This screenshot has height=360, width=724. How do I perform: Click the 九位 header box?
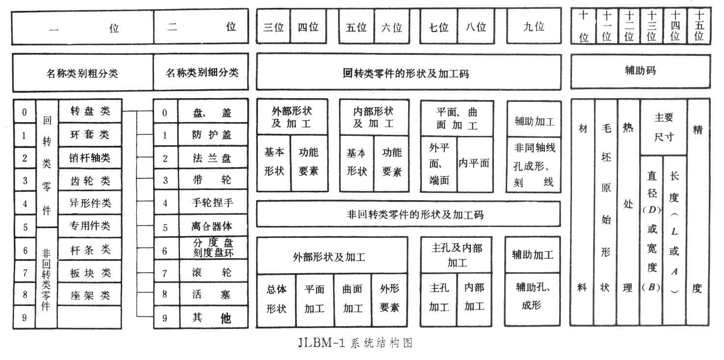coord(534,27)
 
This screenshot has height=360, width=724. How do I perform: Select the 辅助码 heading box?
coord(640,71)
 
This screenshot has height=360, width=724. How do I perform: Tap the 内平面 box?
coord(474,164)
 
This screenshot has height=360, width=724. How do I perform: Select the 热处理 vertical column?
coord(628,212)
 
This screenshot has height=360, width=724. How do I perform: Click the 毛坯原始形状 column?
coord(606,212)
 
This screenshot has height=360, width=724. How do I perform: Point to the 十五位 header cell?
coord(699,26)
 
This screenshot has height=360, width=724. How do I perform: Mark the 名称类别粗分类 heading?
coord(82,74)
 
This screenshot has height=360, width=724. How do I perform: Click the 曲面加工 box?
coord(353,299)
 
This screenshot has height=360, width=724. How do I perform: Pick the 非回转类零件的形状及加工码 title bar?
coord(408,214)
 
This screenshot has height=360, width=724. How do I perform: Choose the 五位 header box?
coord(356,27)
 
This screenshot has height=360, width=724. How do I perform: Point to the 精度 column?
coord(698,212)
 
